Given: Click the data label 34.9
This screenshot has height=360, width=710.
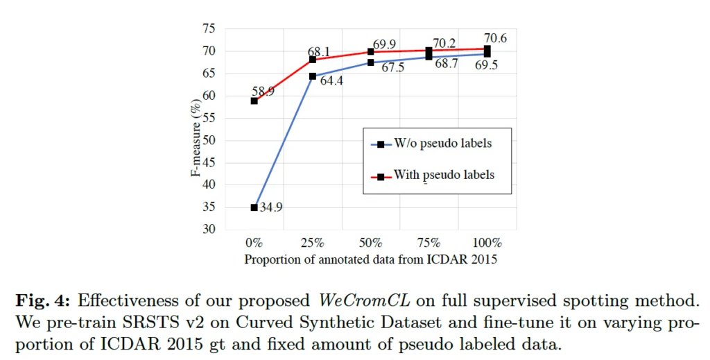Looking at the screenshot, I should tap(272, 208).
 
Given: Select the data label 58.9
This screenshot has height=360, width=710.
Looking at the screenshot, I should tap(263, 91).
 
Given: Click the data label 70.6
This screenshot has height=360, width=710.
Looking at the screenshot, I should tap(494, 39).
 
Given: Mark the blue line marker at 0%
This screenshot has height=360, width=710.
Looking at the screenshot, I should tap(254, 207).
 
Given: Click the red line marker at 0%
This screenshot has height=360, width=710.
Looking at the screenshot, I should tap(254, 101).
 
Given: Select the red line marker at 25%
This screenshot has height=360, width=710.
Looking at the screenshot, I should tap(313, 60).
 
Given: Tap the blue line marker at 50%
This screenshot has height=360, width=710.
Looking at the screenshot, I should tap(371, 62).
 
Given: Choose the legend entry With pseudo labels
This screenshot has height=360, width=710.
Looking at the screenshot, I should tap(444, 175).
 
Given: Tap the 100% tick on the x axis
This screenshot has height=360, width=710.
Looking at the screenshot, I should tap(487, 243).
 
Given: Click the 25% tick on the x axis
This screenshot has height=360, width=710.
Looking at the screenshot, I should tap(313, 243).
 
